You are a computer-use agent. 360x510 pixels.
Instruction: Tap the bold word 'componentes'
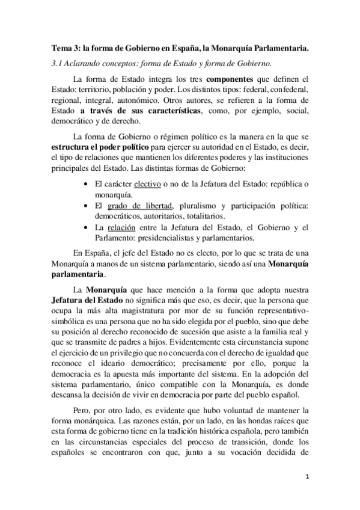228,79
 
